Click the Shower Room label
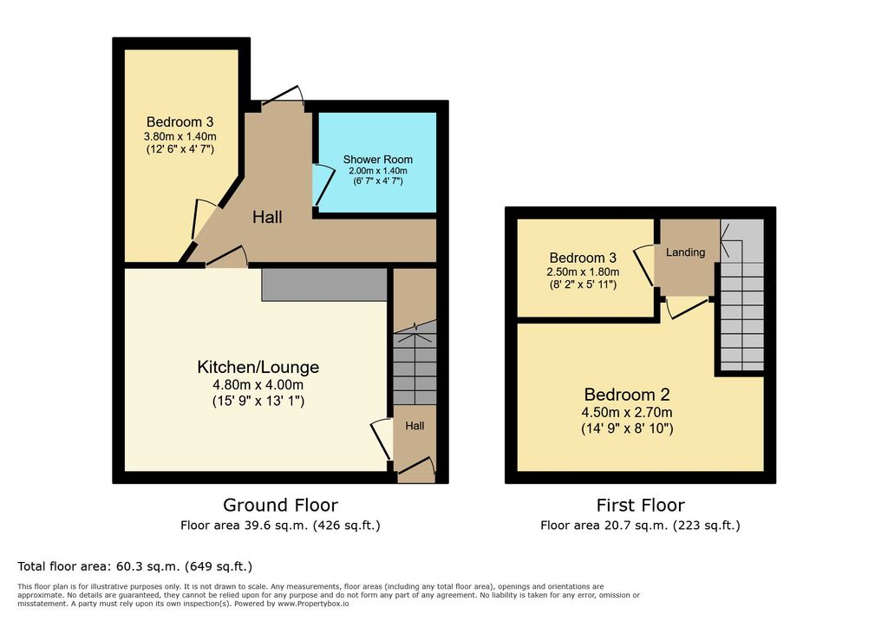click(x=378, y=160)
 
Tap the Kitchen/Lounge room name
click(x=258, y=367)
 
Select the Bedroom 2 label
click(x=627, y=395)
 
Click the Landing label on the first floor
click(x=685, y=252)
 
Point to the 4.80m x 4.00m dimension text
click(x=258, y=385)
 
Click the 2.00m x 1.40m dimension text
click(x=378, y=171)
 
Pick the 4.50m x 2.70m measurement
click(x=627, y=412)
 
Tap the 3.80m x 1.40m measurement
click(x=180, y=136)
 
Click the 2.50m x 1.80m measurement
click(x=583, y=271)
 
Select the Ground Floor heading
click(x=280, y=505)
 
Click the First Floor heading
click(x=641, y=505)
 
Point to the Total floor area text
click(x=134, y=566)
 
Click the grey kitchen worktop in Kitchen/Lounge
click(x=324, y=285)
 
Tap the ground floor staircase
click(x=415, y=363)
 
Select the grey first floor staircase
click(x=742, y=295)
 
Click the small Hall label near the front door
click(x=415, y=426)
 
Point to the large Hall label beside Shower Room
click(x=267, y=217)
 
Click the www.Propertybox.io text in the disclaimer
click(x=312, y=604)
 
